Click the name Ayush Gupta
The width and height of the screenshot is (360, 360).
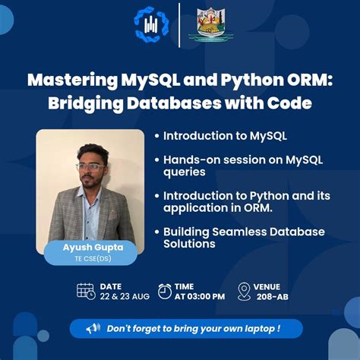pos(90,249)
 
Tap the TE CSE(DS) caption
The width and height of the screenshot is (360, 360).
pos(90,260)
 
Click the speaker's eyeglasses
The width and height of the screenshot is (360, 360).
pos(90,166)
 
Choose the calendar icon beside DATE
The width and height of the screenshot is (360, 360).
pos(86,291)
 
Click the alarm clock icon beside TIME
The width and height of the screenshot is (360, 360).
pos(165,291)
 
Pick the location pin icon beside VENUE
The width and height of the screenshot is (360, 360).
pos(244,291)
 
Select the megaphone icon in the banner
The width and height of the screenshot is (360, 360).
pos(93,328)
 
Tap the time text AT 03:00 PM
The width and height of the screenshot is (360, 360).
pos(199,296)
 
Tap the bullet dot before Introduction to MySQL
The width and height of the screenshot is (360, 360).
pos(156,137)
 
